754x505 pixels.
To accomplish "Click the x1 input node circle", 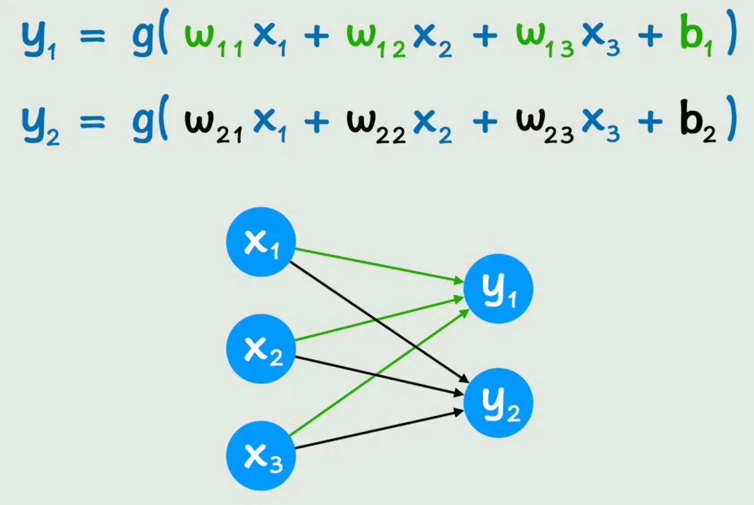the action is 261,242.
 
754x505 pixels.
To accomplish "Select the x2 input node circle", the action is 261,349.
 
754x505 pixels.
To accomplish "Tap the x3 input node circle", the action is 261,456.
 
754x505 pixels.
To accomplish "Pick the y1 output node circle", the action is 498,289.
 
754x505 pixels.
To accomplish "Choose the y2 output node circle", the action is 498,403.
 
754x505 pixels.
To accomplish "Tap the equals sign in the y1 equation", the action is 92,36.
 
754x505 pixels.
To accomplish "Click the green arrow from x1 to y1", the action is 379,265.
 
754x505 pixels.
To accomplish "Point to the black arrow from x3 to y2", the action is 379,429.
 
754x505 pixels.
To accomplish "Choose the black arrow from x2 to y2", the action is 379,376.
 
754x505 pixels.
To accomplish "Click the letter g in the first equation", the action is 143,37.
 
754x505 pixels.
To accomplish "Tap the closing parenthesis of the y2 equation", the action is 732,118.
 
